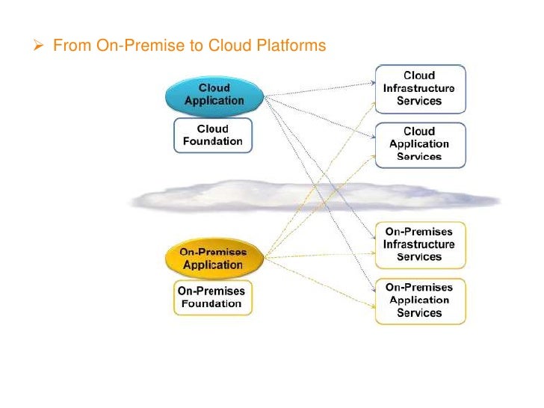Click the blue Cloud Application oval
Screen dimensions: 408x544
[x=214, y=94]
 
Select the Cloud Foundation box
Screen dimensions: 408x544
[x=213, y=135]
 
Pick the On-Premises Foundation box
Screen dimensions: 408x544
[x=212, y=297]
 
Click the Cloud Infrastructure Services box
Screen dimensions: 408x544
[x=419, y=88]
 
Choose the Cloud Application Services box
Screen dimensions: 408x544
[x=419, y=144]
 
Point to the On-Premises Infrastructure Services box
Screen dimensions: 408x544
[x=419, y=244]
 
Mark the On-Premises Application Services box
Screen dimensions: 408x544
[x=419, y=300]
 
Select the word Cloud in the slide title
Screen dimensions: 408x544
[x=227, y=46]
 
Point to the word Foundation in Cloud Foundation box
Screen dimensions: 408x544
[x=213, y=141]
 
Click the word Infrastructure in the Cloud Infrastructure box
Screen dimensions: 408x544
[x=419, y=88]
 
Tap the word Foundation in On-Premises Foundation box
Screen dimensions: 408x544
[x=212, y=304]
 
